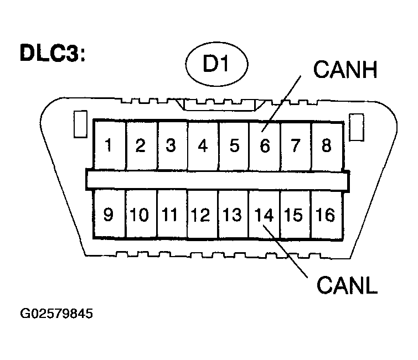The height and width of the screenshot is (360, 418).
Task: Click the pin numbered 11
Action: coord(172,213)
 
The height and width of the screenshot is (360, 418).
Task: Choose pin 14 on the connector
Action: coord(265,213)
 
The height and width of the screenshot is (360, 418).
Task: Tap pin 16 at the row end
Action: coord(327,213)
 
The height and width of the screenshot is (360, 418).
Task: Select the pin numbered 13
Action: coord(234,213)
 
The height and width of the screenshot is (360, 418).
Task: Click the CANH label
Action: coord(345,70)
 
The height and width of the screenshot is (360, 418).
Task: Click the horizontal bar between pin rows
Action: coord(218,179)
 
